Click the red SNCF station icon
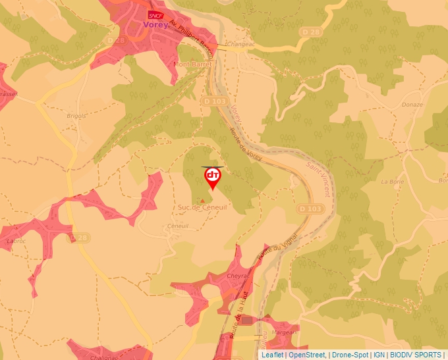(x=155, y=14)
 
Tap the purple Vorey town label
(x=155, y=26)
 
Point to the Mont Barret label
(x=192, y=64)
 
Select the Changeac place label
(x=239, y=44)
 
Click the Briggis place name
(x=76, y=116)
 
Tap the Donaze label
(x=412, y=105)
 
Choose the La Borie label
(x=393, y=181)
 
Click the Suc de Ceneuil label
(x=202, y=207)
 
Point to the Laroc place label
(x=15, y=241)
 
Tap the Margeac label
(x=283, y=332)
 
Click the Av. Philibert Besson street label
(x=192, y=37)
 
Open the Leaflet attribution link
(x=272, y=355)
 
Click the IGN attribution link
(x=379, y=355)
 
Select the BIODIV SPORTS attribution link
(x=414, y=355)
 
